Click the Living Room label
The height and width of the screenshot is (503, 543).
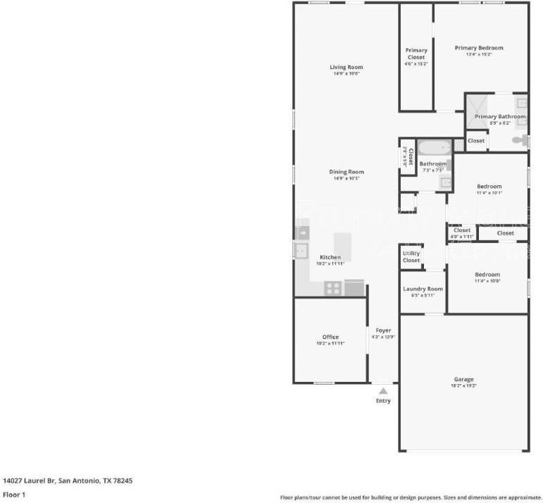347,68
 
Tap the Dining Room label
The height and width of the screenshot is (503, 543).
347,172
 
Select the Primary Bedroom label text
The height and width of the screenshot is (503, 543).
479,48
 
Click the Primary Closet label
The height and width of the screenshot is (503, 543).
416,54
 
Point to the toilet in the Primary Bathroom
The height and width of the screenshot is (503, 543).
520,141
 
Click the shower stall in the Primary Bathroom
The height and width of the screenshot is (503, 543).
475,106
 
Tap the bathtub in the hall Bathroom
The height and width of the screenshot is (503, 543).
434,148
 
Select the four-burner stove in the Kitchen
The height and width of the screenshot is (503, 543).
333,287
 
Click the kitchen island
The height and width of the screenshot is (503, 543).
342,242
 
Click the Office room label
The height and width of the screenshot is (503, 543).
330,337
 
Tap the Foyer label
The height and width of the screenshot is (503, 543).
383,330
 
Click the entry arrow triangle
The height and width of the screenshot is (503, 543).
383,390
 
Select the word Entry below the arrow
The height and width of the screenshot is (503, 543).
383,401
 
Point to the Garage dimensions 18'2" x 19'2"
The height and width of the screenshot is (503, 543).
464,386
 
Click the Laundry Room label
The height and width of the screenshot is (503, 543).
423,289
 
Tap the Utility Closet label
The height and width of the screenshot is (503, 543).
411,256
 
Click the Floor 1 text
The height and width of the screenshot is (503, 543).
14,495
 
